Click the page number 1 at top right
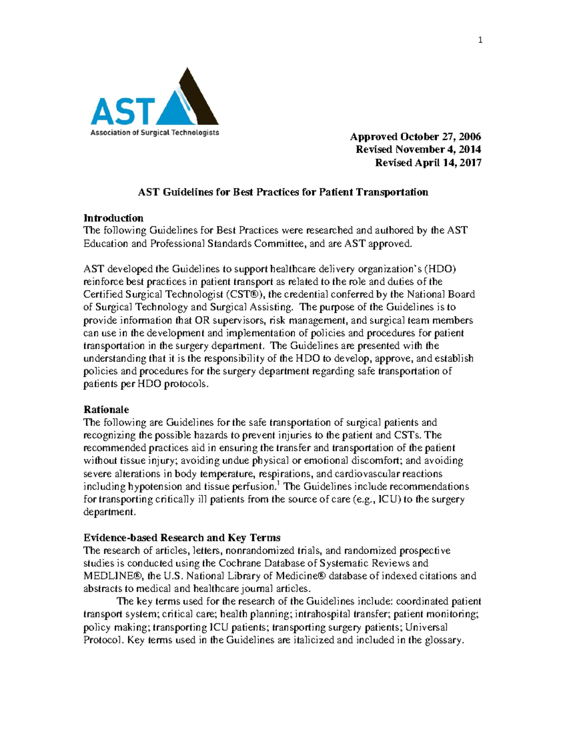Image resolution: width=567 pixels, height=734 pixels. coord(480,40)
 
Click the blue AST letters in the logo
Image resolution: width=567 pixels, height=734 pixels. coord(122,112)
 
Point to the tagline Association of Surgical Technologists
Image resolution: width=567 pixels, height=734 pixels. coord(155,133)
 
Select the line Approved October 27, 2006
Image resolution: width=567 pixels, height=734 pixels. coord(415,137)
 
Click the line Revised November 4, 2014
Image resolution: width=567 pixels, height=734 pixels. coord(418,149)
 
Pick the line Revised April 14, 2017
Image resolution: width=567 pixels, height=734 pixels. coord(428,163)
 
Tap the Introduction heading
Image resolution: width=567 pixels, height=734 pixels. coord(113,218)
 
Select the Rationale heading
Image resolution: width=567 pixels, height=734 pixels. coord(106,409)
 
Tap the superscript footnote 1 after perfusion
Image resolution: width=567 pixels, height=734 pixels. coord(277,483)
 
